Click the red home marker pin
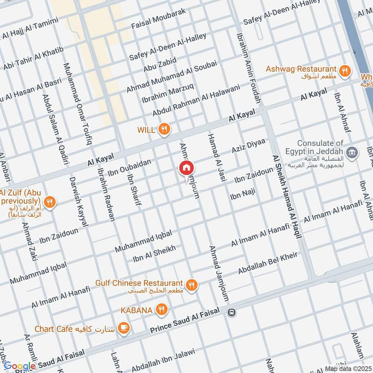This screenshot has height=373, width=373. coord(186,168)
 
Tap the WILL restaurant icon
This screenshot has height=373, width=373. coord(164,130)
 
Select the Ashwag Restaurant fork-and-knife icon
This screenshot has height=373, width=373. coord(344,70)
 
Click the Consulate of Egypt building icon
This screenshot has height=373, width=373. coord(353,152)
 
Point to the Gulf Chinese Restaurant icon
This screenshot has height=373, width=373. coord(191,284)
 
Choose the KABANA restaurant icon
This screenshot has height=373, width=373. coord(161,310)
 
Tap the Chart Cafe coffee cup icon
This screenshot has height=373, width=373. coord(124,328)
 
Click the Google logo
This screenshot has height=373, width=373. coord(20,366)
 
